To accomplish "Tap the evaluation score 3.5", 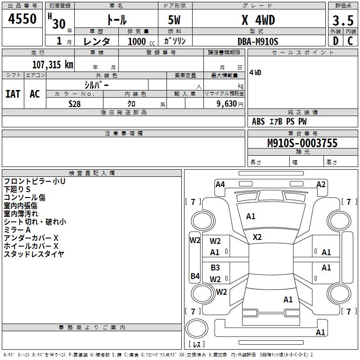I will click(x=342, y=20).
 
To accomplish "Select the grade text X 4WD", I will click(x=258, y=20).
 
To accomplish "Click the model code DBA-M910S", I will click(x=258, y=41).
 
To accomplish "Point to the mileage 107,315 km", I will click(x=53, y=64).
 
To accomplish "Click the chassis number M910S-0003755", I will click(x=302, y=143).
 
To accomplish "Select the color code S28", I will click(x=75, y=104).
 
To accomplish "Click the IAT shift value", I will click(x=13, y=94).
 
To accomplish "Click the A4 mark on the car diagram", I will click(x=220, y=184).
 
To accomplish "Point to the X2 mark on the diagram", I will click(x=257, y=237).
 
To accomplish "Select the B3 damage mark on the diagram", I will click(x=216, y=267).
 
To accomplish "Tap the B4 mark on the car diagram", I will click(x=195, y=276).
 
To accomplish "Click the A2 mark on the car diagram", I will click(x=321, y=184).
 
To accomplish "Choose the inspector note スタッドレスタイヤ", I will click(x=34, y=254).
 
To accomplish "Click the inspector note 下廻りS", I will click(x=18, y=189).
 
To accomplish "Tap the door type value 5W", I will click(x=175, y=20).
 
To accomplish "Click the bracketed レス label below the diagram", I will click(x=197, y=345).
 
